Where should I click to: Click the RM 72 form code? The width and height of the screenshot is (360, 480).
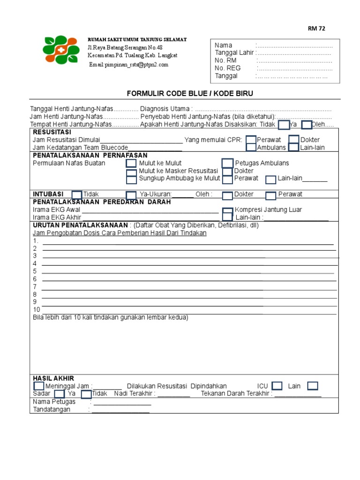click(x=316, y=29)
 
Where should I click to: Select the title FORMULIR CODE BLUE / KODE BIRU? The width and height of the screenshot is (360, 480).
click(x=190, y=94)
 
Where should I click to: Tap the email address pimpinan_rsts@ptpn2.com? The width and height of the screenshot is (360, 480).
click(x=128, y=65)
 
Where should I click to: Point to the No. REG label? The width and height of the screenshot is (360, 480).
click(x=227, y=68)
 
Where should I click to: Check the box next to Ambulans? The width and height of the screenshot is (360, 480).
click(x=251, y=147)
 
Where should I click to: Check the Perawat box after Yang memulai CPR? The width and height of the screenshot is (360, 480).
click(x=251, y=140)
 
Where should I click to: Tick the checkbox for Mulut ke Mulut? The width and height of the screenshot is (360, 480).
click(x=131, y=163)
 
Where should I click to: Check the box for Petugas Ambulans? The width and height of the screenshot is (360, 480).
click(x=227, y=163)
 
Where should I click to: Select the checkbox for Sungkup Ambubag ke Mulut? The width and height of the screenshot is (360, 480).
click(x=131, y=179)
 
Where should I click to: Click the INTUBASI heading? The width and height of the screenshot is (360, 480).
click(x=48, y=194)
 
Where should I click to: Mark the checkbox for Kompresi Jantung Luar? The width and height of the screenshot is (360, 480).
click(x=227, y=210)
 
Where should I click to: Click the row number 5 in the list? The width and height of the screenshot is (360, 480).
click(x=35, y=271)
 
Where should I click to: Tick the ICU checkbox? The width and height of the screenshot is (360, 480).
click(x=277, y=386)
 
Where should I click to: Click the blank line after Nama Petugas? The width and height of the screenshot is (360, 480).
click(x=122, y=403)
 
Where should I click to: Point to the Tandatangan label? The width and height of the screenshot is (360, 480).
click(x=52, y=409)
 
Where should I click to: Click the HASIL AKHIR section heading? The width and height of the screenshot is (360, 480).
click(x=53, y=378)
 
